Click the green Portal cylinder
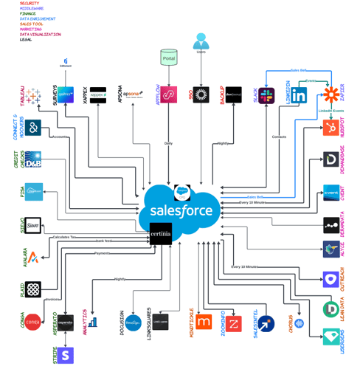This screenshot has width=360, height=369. tap(169, 57)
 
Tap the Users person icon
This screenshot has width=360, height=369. tap(200, 41)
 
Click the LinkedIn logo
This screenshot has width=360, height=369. tap(299, 95)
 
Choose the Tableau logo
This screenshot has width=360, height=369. tap(34, 97)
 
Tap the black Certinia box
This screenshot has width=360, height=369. tap(161, 235)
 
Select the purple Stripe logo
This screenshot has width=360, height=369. tap(67, 356)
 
